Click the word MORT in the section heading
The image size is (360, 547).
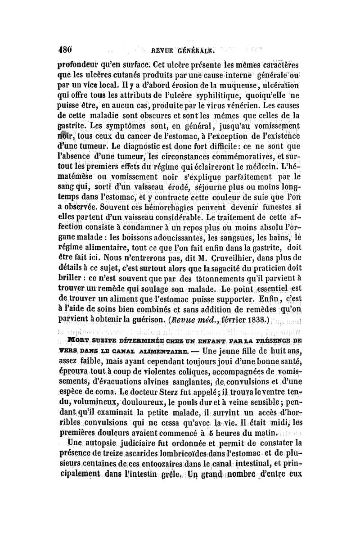click(77, 342)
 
